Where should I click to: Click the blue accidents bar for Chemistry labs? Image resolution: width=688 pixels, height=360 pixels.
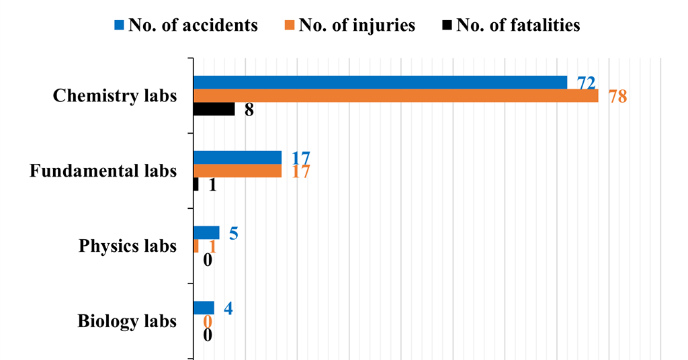click(x=380, y=83)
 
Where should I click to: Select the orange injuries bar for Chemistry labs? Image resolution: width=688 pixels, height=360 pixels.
click(x=396, y=96)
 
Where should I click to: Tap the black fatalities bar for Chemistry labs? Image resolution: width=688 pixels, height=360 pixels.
click(x=214, y=109)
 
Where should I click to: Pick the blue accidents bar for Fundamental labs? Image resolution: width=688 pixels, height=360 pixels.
click(x=238, y=158)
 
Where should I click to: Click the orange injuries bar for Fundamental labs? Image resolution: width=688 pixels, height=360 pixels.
click(x=238, y=171)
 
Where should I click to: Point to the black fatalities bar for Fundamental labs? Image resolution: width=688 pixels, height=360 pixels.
click(x=196, y=185)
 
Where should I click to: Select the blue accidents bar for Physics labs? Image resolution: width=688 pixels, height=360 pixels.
click(x=206, y=233)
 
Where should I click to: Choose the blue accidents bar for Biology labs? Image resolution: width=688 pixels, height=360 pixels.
click(x=204, y=308)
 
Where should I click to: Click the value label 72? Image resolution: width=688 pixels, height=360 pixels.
click(x=586, y=83)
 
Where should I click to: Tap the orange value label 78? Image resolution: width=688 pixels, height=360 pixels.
click(x=617, y=97)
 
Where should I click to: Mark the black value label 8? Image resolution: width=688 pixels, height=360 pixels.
click(x=249, y=110)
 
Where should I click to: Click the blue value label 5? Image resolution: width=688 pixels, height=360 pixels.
click(x=234, y=234)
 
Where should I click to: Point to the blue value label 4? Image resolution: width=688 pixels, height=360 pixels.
click(x=228, y=309)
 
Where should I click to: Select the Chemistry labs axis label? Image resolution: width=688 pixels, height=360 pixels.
click(x=115, y=95)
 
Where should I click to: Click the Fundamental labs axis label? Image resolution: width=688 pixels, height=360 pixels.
click(x=103, y=171)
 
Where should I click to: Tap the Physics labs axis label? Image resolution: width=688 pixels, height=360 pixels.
click(x=128, y=246)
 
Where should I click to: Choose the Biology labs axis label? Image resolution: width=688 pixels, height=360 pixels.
click(x=127, y=321)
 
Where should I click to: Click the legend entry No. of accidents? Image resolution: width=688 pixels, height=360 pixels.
click(x=186, y=26)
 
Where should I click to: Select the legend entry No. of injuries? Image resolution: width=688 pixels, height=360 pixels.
click(x=350, y=26)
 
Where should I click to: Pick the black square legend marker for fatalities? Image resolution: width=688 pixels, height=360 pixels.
click(x=447, y=26)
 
